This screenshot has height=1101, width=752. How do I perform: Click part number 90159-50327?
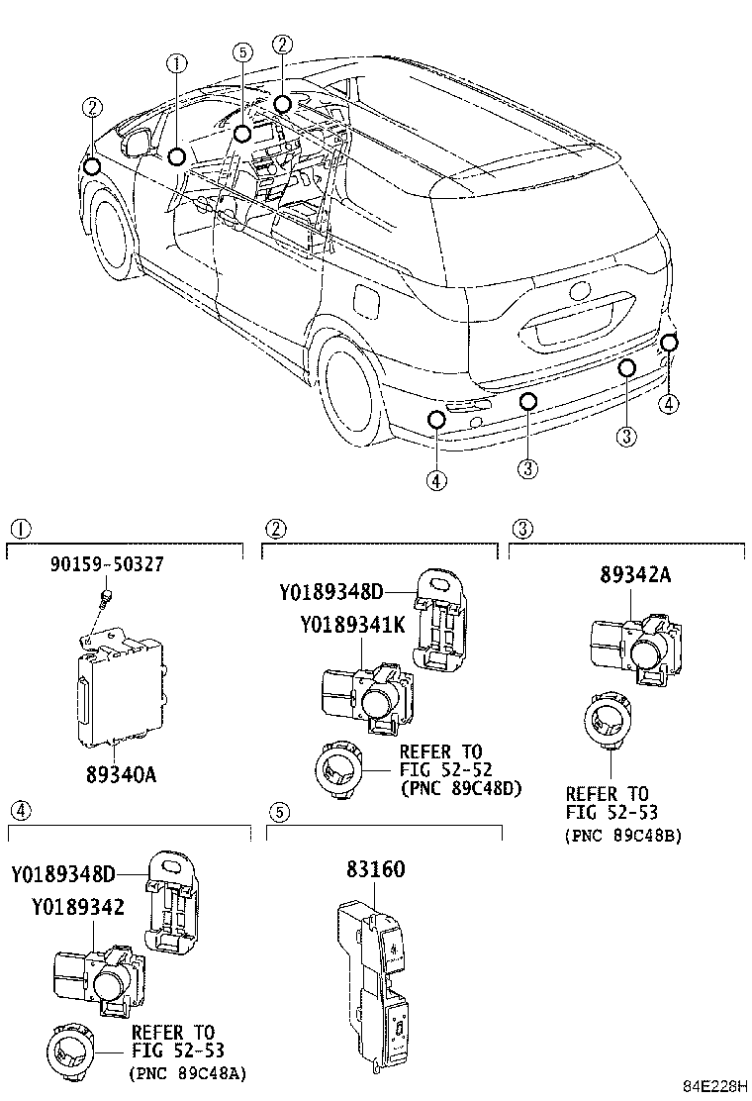pyautogui.click(x=107, y=563)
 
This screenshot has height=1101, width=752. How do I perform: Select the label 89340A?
pyautogui.click(x=122, y=774)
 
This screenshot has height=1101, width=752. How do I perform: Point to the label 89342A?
pyautogui.click(x=635, y=574)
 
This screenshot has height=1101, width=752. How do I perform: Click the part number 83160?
pyautogui.click(x=375, y=869)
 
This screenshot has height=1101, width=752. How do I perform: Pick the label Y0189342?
pyautogui.click(x=78, y=907)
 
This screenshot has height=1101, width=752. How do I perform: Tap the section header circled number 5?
pyautogui.click(x=279, y=813)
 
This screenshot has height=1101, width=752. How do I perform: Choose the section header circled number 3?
pyautogui.click(x=522, y=529)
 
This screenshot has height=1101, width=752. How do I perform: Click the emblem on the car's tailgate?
pyautogui.click(x=582, y=290)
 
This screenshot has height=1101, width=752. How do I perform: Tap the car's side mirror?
pyautogui.click(x=138, y=143)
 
